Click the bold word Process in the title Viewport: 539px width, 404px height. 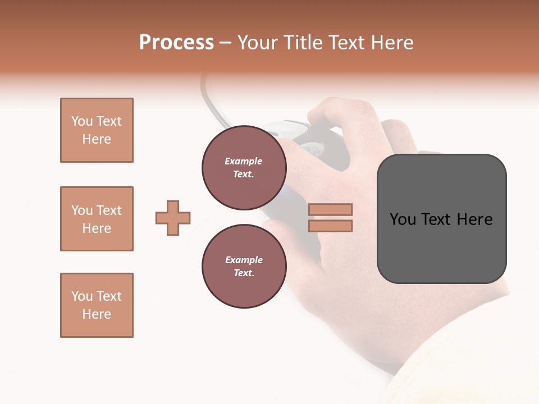tap(176, 43)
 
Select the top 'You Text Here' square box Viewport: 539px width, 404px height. tap(97, 130)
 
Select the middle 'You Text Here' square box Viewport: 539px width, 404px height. tap(97, 219)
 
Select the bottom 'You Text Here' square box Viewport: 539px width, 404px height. tap(97, 305)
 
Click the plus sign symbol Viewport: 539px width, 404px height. tap(173, 218)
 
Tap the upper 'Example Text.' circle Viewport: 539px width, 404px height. tap(244, 168)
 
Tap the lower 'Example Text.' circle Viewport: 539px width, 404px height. tap(244, 267)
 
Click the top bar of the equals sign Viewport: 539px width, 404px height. tap(330, 209)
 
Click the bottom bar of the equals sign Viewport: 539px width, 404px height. tap(330, 226)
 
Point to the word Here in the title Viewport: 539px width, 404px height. tap(393, 43)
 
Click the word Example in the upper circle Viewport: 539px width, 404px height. tap(244, 161)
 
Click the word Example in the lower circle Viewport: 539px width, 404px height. tap(244, 260)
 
